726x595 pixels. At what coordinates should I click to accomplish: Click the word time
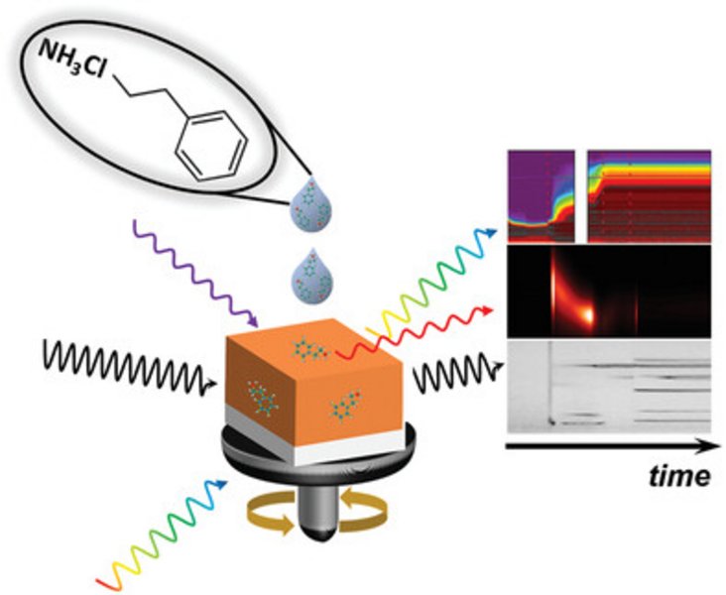[674, 475]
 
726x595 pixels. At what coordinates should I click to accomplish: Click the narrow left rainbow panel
[541, 196]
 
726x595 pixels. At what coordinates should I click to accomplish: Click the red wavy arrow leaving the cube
[417, 327]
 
